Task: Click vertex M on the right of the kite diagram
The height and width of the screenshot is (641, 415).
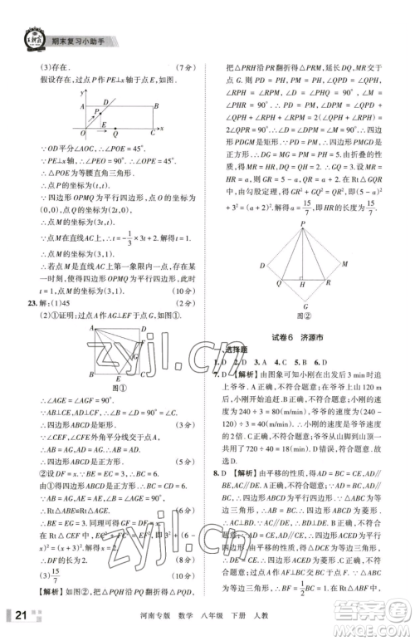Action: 347,264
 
